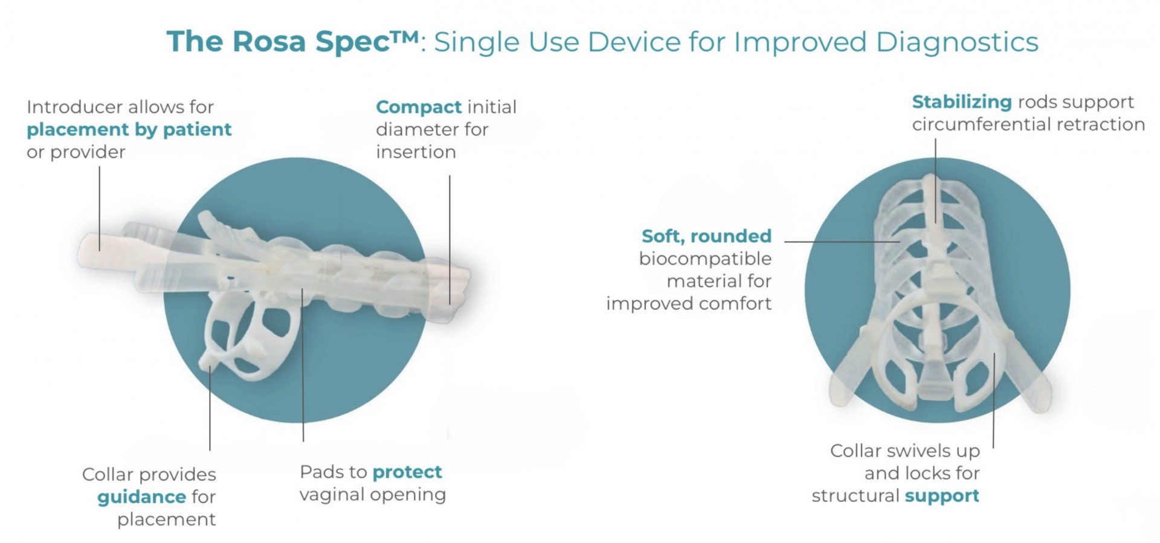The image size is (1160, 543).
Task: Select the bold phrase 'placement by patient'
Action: pyautogui.click(x=129, y=130)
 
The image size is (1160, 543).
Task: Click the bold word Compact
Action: pyautogui.click(x=419, y=108)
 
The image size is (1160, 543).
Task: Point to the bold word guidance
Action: pyautogui.click(x=141, y=498)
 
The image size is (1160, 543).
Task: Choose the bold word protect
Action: pyautogui.click(x=407, y=472)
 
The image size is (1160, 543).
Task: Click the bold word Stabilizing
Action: pyautogui.click(x=962, y=102)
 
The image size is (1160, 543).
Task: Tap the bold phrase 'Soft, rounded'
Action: pyautogui.click(x=706, y=236)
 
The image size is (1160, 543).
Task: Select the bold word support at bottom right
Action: pyautogui.click(x=942, y=496)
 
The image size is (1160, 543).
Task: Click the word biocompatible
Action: pyautogui.click(x=705, y=259)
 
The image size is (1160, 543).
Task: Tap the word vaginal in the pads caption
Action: pyautogui.click(x=333, y=495)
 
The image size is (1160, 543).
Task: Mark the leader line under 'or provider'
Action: pyautogui.click(x=100, y=208)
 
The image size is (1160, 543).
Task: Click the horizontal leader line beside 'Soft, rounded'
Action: pyautogui.click(x=842, y=242)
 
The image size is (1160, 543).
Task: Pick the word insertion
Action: pyautogui.click(x=416, y=152)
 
